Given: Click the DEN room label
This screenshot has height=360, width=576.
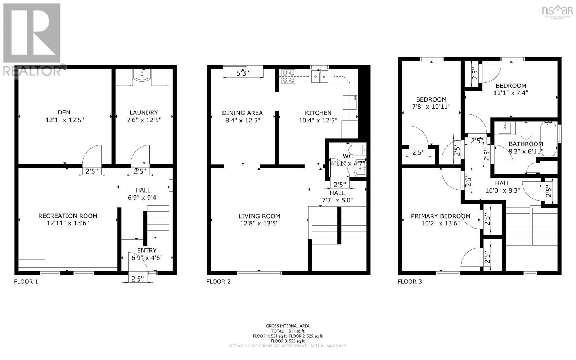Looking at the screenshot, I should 64,112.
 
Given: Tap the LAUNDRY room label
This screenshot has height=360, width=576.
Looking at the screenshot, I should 144,112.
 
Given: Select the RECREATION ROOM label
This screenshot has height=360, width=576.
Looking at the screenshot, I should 68,216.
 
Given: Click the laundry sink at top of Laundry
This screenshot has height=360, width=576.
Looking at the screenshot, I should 142,75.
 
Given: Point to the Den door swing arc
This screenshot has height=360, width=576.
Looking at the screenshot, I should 92,155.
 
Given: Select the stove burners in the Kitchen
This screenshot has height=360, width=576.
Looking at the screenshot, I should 288,76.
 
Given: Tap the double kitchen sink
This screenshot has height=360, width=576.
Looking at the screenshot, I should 320,76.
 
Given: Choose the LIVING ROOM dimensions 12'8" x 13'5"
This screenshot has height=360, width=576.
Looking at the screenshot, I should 259,223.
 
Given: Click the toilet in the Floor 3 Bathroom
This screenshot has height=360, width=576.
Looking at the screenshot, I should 526,131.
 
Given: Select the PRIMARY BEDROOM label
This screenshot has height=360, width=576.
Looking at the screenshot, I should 441,216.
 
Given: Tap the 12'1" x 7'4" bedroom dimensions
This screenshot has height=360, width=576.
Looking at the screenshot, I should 510,93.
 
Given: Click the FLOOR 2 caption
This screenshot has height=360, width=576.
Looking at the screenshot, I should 218,282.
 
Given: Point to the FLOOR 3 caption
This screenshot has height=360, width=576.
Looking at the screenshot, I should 409,282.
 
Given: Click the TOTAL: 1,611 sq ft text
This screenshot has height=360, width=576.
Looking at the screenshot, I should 288,331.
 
